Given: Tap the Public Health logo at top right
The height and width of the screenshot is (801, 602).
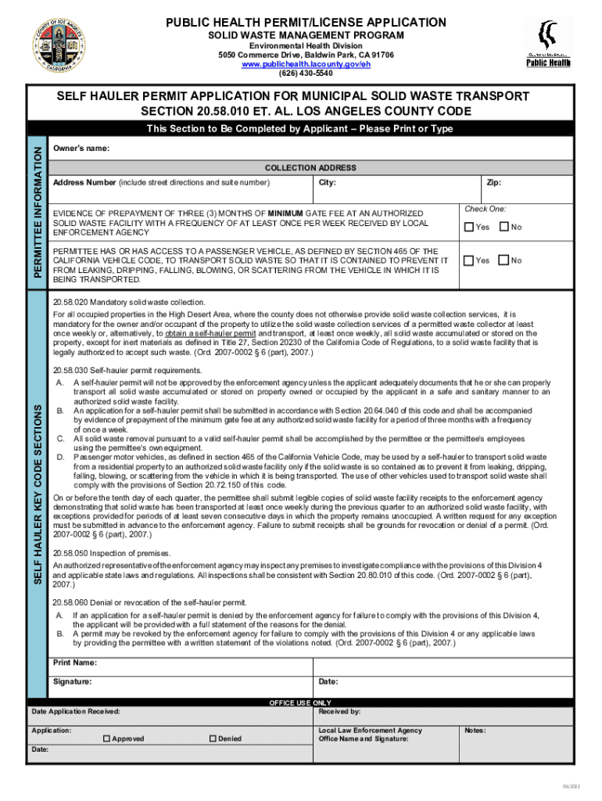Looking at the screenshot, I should point(547,45).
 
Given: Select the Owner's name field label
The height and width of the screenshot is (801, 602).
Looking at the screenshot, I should point(81,149).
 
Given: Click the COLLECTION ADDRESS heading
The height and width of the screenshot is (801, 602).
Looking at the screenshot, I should point(310,168).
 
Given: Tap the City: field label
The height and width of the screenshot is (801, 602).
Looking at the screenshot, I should point(328,182).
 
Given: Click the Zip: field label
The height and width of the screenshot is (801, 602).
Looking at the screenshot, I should point(493,182).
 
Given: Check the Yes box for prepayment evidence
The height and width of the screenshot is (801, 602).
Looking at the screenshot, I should point(468,228).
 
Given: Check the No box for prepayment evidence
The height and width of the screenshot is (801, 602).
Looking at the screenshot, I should point(503,228).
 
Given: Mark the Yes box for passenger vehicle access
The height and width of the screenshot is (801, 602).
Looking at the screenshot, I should point(468,260).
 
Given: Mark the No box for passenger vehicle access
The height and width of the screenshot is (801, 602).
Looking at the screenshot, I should point(503,260).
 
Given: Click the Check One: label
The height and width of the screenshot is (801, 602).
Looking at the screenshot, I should point(486,209).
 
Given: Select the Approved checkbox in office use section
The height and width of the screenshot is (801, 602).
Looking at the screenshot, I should point(106,738).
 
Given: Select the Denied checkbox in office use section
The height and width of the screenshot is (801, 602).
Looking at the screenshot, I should point(213,738).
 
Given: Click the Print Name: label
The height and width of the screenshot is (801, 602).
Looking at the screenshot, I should point(75,663).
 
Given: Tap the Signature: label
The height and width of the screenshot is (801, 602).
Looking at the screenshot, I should point(73,681).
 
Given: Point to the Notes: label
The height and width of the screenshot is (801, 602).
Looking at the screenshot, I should point(475,731).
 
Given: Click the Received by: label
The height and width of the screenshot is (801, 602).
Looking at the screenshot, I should point(340,712).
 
